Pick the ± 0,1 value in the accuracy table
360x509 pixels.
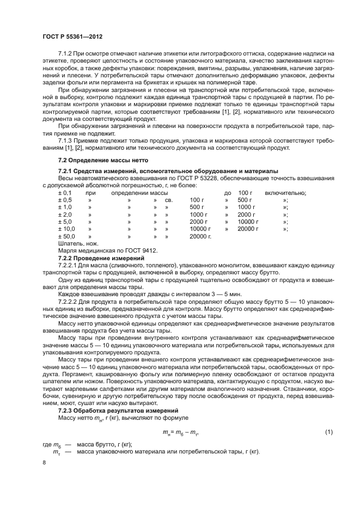tap(65, 193)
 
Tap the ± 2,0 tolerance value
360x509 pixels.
tap(65, 214)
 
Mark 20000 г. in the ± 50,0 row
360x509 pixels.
tap(200, 236)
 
